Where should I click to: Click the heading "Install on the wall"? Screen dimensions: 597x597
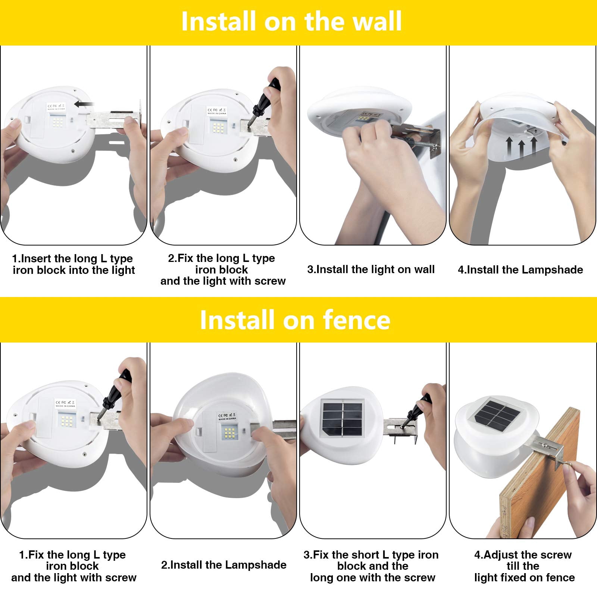tap(291, 21)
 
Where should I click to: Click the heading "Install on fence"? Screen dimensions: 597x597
tap(295, 320)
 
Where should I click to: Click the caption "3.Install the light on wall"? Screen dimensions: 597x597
tap(371, 269)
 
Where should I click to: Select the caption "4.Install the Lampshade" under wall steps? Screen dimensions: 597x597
tap(521, 269)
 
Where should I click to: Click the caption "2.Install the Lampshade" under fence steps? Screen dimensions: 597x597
tap(224, 565)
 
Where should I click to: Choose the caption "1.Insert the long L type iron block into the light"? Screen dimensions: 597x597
tap(74, 264)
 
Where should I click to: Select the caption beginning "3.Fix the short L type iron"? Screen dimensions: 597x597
tap(372, 566)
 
